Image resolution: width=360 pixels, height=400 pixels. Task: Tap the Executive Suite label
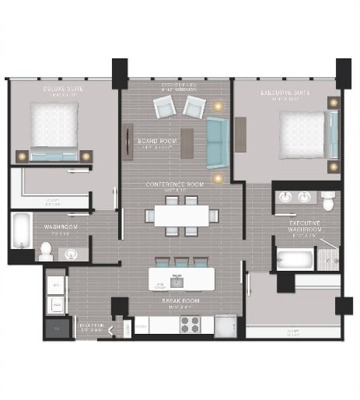coord(285,93)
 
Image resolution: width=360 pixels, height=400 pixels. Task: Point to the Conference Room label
coord(174,184)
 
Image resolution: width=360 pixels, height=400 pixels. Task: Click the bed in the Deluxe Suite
coord(54,127)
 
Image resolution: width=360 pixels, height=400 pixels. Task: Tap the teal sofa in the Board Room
coord(218,145)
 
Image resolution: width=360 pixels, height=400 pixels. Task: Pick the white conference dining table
coord(180,215)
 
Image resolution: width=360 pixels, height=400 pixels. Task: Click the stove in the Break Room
coord(190,324)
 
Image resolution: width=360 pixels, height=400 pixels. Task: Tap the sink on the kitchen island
coord(178,280)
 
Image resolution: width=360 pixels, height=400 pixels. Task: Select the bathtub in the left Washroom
coord(21,230)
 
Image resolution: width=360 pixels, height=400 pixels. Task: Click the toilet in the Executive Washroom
coord(328,202)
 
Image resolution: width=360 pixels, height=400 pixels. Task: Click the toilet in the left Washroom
coord(46,251)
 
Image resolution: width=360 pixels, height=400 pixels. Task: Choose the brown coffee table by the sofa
coord(187,142)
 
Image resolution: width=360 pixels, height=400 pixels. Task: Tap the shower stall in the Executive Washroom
coord(327,256)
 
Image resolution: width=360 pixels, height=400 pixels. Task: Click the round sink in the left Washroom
coord(72,253)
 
